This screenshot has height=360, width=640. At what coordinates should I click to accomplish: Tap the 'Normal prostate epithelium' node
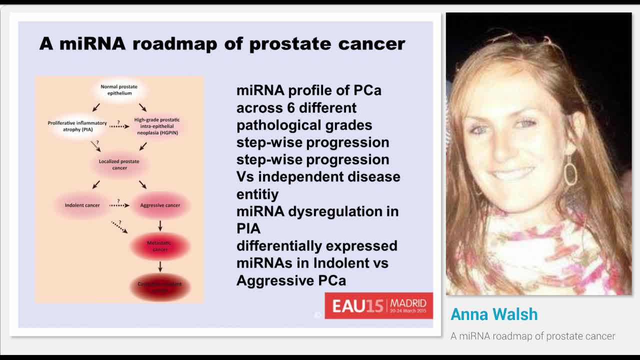coord(119,90)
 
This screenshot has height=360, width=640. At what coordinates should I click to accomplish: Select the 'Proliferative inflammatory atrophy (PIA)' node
coord(77,126)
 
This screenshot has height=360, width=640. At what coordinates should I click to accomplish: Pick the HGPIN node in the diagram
coord(156,126)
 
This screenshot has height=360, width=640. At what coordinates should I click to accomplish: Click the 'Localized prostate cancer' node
coord(119,164)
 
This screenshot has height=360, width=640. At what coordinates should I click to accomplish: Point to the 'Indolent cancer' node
coord(82,205)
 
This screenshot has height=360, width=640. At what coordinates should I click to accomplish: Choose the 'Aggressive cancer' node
coord(160,205)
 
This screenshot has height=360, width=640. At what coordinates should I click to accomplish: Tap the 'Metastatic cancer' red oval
coord(159,246)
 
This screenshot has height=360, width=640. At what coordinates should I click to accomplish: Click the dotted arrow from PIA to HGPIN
coord(119,127)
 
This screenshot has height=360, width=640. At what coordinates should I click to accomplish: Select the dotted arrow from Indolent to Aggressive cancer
coord(119,205)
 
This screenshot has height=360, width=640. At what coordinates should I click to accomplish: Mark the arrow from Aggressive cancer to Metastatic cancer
coord(160,225)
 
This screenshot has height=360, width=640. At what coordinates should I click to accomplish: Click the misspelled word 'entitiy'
coord(257,194)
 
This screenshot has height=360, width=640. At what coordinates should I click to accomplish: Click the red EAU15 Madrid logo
coord(378,305)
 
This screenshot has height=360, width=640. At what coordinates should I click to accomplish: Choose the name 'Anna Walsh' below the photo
coord(494,314)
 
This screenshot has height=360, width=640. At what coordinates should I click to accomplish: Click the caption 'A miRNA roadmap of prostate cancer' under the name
coord(532,336)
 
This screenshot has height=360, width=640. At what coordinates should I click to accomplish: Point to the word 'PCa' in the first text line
coord(367,90)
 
